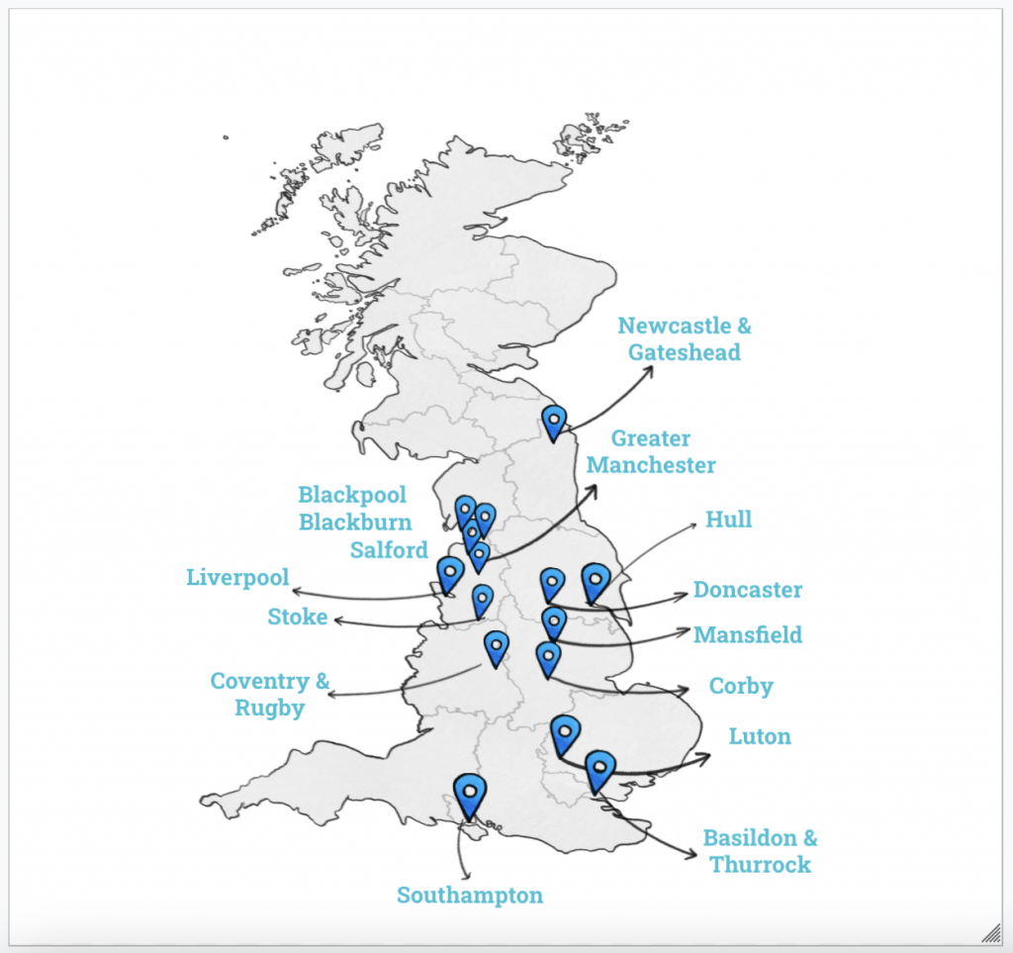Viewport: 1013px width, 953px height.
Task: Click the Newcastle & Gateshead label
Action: point(684,338)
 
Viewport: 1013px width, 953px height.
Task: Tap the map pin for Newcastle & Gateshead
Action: point(554,422)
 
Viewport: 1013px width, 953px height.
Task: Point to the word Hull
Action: point(728,520)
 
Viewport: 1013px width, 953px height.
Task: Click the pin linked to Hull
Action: point(595,581)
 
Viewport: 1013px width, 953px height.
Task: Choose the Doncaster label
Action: point(747,590)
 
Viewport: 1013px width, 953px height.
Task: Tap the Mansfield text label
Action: point(747,634)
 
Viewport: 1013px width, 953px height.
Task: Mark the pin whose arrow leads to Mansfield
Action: point(553,623)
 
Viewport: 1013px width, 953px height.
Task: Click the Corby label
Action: point(741,686)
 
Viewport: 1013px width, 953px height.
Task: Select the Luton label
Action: point(760,736)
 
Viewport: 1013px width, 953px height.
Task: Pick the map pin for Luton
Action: point(564,733)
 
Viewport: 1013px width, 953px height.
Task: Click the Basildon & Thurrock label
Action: point(760,851)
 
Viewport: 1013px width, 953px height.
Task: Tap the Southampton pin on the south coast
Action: point(470,792)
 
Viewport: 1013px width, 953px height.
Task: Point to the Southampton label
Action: point(470,896)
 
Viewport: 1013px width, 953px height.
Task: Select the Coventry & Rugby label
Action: point(269,694)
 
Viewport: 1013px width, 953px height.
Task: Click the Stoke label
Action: point(297,617)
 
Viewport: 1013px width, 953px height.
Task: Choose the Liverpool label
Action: point(237,577)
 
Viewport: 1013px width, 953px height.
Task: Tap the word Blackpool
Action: point(352,495)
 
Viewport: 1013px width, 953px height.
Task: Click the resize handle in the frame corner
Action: point(990,929)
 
